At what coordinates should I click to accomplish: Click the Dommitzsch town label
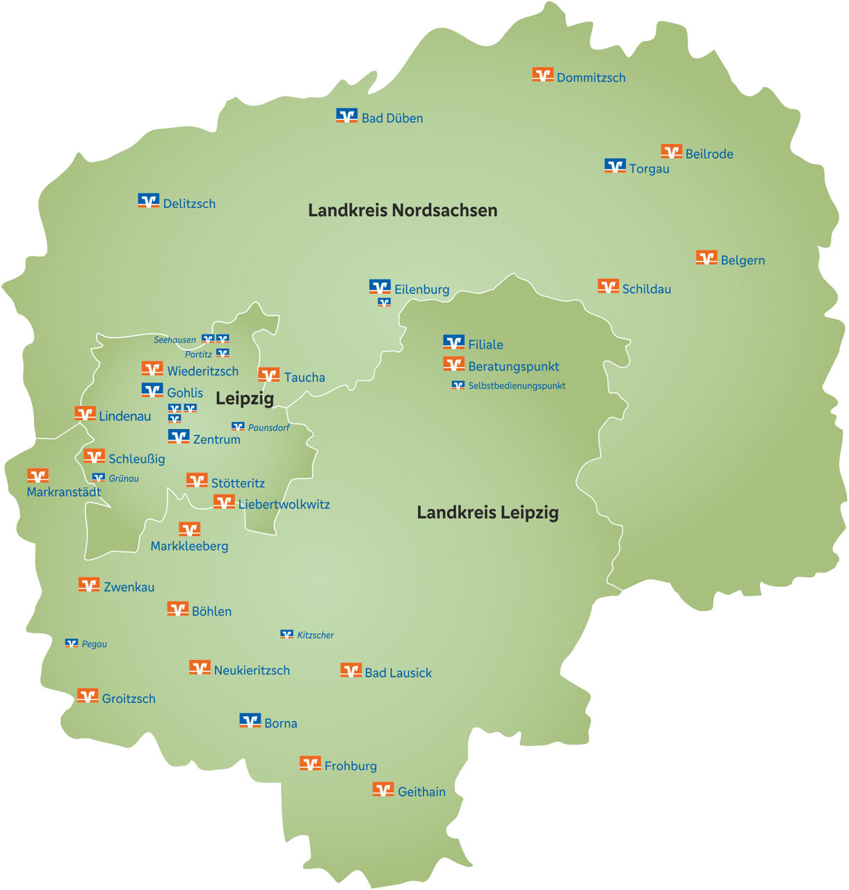(591, 78)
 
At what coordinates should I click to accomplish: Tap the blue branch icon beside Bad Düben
(346, 115)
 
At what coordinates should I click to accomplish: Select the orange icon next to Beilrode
(671, 151)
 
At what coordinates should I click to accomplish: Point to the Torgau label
(649, 169)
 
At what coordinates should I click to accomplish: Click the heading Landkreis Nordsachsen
(403, 210)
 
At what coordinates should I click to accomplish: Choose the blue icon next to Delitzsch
(148, 201)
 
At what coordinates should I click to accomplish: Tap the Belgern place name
(743, 261)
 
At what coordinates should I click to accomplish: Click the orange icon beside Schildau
(608, 286)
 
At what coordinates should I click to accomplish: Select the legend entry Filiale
(485, 345)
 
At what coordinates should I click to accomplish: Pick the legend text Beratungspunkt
(513, 366)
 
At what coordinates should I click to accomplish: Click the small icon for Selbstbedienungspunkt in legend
(458, 385)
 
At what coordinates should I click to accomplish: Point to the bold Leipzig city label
(245, 398)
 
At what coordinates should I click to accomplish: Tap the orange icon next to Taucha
(268, 375)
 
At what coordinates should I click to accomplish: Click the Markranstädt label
(64, 492)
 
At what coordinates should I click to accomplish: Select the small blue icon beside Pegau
(72, 643)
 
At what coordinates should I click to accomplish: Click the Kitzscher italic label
(315, 636)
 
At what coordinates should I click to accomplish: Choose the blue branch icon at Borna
(250, 720)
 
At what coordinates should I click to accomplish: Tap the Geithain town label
(421, 792)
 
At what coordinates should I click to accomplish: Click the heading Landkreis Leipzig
(487, 512)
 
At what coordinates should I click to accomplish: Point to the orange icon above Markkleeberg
(189, 529)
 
